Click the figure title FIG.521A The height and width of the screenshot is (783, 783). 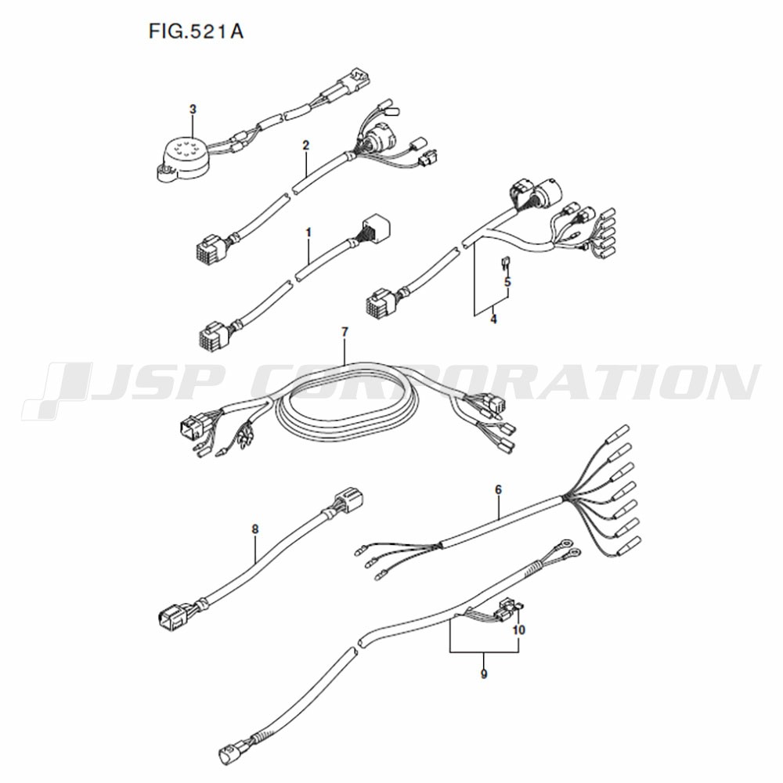(x=196, y=31)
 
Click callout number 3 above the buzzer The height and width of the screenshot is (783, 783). (x=193, y=109)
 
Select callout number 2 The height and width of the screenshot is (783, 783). (x=305, y=146)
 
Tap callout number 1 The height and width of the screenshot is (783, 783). (x=308, y=233)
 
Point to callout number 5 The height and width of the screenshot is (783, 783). (x=507, y=282)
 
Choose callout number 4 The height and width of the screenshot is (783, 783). (x=493, y=319)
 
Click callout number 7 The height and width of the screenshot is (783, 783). (x=345, y=331)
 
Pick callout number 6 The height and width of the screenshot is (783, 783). (x=498, y=490)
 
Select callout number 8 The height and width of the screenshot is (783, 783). (x=255, y=529)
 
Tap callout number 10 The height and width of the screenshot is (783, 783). (x=519, y=630)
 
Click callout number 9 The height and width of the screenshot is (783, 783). (x=483, y=674)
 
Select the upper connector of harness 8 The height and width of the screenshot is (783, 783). (x=347, y=500)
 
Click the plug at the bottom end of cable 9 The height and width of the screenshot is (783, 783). (x=231, y=752)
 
